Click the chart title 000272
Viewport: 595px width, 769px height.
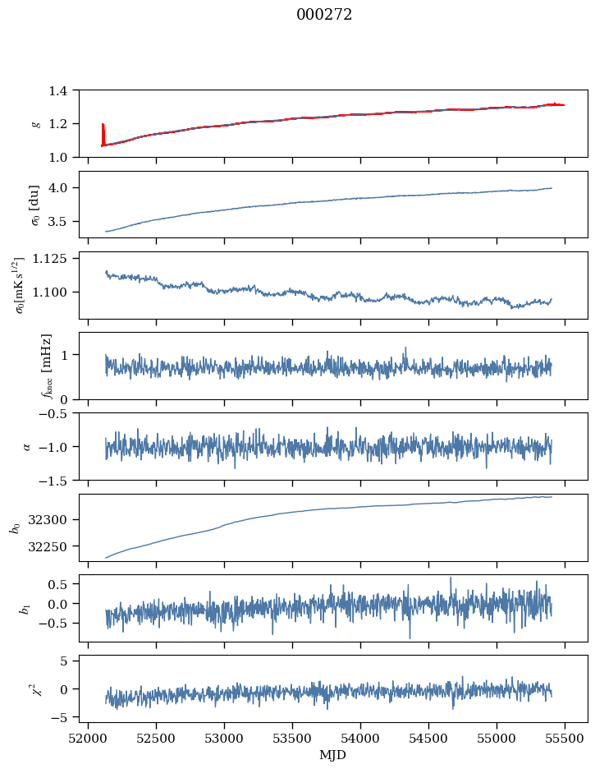[324, 15]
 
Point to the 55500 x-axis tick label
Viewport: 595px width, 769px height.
[565, 739]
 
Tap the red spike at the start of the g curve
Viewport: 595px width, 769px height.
[103, 133]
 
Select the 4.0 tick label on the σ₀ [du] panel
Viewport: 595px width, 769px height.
[62, 188]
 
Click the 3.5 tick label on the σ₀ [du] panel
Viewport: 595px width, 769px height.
[62, 222]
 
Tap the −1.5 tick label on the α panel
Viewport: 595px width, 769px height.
[57, 480]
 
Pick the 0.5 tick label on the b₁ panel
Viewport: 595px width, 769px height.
[62, 584]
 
